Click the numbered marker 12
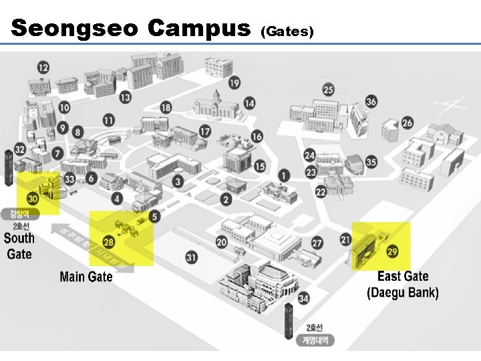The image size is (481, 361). coord(43,68)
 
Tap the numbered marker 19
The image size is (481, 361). coord(234,83)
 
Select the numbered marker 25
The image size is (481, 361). coord(328,90)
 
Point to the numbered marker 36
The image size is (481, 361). coord(371,102)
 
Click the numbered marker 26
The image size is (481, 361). coord(407,123)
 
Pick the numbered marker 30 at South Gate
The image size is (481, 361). coord(33,199)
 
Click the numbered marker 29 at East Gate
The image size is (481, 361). coord(392,251)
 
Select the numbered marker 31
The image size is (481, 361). coord(191,257)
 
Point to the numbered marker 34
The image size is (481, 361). coord(304,298)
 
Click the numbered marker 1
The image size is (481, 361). coord(284,176)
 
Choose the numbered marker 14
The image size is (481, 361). coord(249,103)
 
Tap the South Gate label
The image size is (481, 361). coord(19,246)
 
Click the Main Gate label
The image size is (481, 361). coord(86,277)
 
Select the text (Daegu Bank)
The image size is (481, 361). coord(403,293)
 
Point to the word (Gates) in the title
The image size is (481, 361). coord(287,31)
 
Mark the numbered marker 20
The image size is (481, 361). coord(222,242)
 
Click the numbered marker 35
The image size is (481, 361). coord(371,162)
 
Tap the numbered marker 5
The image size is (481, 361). coord(154,216)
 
